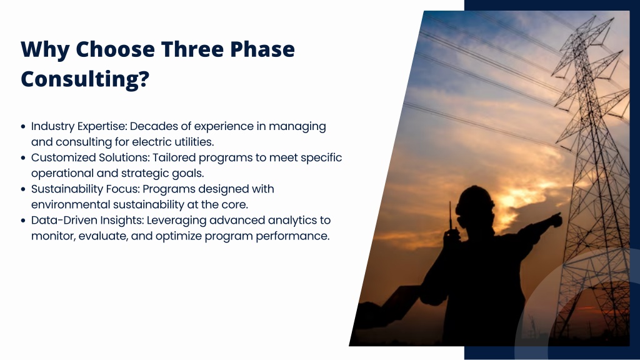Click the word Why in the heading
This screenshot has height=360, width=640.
click(44, 50)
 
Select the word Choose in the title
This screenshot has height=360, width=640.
click(116, 49)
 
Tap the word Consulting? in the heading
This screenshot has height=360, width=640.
click(85, 79)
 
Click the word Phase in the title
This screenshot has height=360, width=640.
click(262, 49)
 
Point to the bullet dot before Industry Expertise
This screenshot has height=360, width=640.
click(23, 126)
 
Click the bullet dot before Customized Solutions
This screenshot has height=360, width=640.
click(23, 158)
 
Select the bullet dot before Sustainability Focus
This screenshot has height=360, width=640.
click(23, 189)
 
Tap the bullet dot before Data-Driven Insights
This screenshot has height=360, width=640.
click(23, 221)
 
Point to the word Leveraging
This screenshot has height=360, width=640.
click(176, 221)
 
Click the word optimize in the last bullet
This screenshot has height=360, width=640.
click(178, 236)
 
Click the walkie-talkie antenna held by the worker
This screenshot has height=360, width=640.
click(450, 216)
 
